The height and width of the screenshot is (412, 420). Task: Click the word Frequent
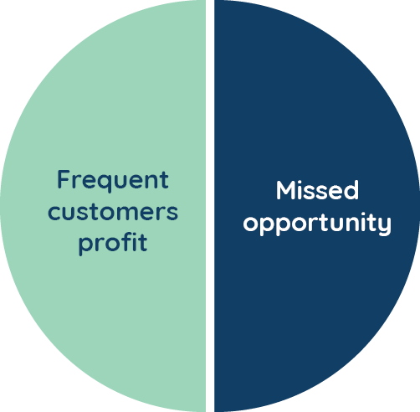[x=113, y=181]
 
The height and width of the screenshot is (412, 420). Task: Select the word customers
[x=113, y=213]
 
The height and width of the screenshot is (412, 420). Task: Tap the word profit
[x=113, y=244]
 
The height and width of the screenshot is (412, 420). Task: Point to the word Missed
[x=317, y=190]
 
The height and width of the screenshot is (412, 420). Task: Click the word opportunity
[x=317, y=224]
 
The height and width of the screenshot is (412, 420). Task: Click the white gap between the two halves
[x=210, y=206]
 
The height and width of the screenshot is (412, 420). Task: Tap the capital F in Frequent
[x=63, y=179]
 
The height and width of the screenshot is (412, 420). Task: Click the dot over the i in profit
[x=133, y=235]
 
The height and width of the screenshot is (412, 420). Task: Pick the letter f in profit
[x=125, y=242]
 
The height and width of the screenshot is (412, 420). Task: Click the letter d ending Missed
[x=351, y=190]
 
